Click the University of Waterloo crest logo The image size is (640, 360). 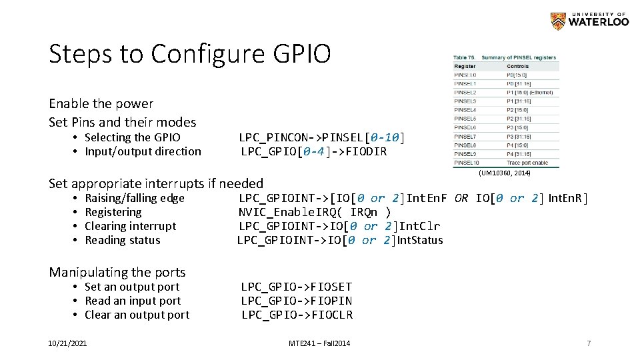[x=557, y=21]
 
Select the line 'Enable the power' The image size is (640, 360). [x=101, y=103]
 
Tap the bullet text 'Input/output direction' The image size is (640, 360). [x=143, y=151]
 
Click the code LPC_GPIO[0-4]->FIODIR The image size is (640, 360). [x=313, y=151]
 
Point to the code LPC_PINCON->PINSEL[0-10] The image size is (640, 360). [x=321, y=137]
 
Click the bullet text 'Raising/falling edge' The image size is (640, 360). [x=135, y=198]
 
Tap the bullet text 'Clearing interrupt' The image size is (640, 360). [x=130, y=226]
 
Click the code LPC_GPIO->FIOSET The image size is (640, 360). [x=297, y=287]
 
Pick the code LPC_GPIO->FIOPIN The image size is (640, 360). [x=297, y=301]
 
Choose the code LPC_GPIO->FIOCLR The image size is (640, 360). [x=297, y=315]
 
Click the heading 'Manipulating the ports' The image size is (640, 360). [x=117, y=272]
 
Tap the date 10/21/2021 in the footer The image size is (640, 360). [x=67, y=343]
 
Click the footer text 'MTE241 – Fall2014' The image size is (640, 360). [x=319, y=343]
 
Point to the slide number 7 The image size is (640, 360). [x=589, y=343]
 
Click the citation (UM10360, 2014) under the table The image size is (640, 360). [x=504, y=173]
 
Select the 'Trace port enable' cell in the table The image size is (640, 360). [x=527, y=163]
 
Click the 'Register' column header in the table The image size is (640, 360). [x=465, y=67]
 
